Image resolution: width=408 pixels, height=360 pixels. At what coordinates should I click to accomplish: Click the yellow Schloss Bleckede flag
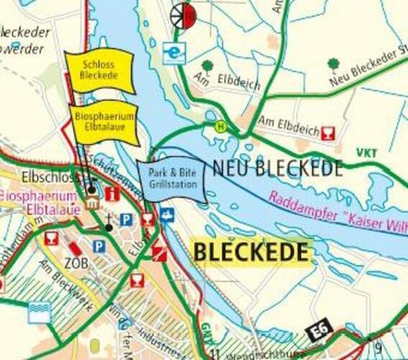(x=100, y=70)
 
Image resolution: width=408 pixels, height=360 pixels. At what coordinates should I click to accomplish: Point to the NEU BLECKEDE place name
(x=277, y=169)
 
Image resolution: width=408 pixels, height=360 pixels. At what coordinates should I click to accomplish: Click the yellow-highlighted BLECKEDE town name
(x=251, y=253)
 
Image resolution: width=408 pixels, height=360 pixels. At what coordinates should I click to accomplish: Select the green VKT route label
(x=366, y=153)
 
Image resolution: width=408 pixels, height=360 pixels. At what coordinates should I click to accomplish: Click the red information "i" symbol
(x=112, y=193)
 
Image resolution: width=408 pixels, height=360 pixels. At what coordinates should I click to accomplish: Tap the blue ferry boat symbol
(x=167, y=214)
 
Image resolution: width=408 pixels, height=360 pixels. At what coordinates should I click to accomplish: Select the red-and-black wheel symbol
(x=183, y=14)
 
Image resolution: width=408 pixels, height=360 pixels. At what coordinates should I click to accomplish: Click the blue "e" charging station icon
(x=173, y=53)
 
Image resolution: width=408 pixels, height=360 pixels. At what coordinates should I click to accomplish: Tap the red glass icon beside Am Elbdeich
(x=328, y=133)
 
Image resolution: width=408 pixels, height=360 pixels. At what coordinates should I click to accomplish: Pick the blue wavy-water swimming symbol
(x=40, y=311)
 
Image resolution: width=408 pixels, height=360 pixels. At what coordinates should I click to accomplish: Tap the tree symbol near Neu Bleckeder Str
(x=333, y=65)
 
